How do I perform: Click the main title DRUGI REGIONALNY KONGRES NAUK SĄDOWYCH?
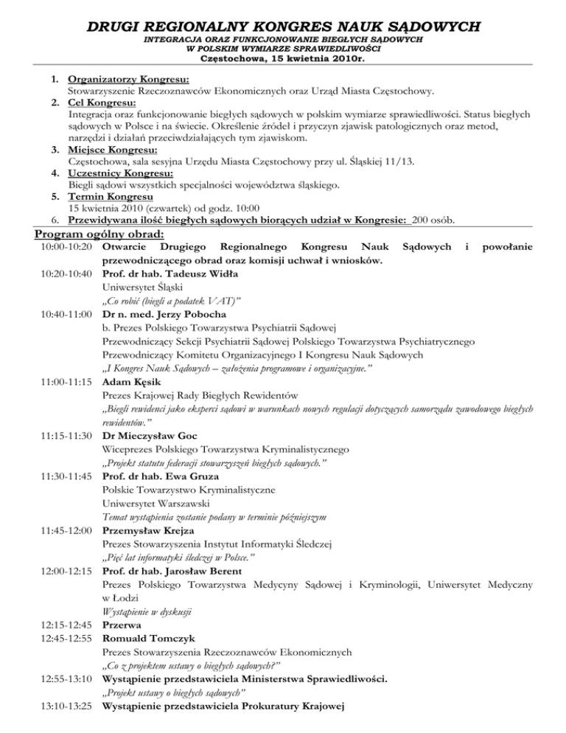tap(283, 27)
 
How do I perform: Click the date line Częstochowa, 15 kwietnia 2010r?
tap(283, 60)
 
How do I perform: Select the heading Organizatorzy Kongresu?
tap(127, 80)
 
